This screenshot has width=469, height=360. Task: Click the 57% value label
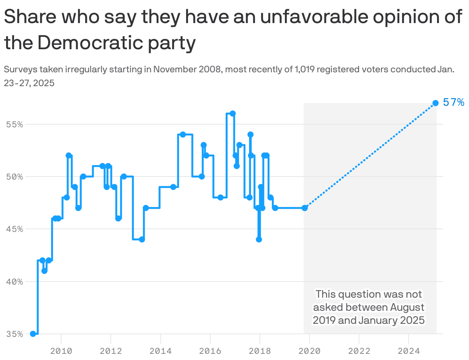coord(454,102)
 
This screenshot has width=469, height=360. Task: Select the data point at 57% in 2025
coord(436,103)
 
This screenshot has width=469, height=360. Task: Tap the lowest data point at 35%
coord(33,333)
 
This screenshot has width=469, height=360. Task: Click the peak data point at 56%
coord(233,113)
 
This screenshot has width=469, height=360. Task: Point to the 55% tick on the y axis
coord(14,124)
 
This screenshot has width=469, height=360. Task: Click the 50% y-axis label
coord(14,177)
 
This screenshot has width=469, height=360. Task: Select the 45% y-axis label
coord(14,229)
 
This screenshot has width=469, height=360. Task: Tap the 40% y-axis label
coord(14,281)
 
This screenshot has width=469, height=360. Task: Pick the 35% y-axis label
coord(14,333)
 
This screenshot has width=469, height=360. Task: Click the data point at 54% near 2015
coord(183,134)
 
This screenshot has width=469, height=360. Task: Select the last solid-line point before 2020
coord(305,208)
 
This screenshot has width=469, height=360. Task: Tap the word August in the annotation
coord(407,307)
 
